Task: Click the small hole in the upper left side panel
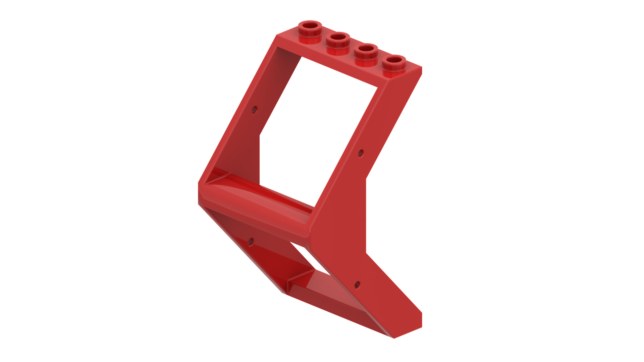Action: [x=254, y=110]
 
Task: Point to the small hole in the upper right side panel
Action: [x=361, y=153]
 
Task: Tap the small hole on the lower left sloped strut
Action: [x=251, y=241]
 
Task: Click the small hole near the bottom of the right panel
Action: [x=357, y=285]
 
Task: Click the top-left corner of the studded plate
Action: [x=277, y=35]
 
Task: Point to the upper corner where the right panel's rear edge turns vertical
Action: [x=366, y=179]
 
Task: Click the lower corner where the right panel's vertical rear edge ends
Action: [x=366, y=253]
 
